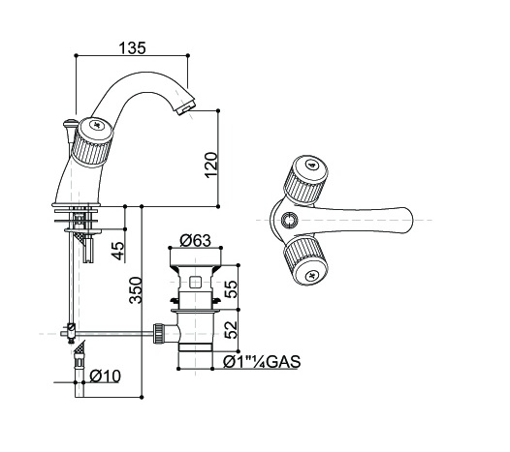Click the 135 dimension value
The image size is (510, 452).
(x=133, y=48)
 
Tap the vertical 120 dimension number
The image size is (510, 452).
(x=211, y=165)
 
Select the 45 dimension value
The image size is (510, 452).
(x=118, y=251)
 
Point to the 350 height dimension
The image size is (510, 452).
(x=136, y=290)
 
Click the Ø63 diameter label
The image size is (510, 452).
(x=196, y=241)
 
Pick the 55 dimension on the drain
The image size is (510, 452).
(x=232, y=289)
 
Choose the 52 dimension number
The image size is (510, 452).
(x=232, y=330)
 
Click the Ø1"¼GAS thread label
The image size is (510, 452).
(x=262, y=362)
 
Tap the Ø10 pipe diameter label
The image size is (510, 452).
(x=105, y=377)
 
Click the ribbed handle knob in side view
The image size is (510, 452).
(x=92, y=141)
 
